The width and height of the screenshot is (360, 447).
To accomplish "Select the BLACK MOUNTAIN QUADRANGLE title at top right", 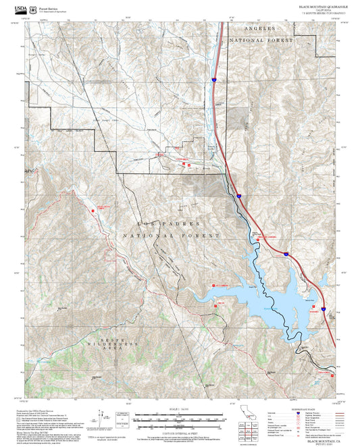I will (323, 5).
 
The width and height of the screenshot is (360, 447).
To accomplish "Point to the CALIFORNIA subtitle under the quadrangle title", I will (323, 9).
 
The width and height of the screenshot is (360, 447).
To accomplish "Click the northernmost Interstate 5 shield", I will (213, 80).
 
